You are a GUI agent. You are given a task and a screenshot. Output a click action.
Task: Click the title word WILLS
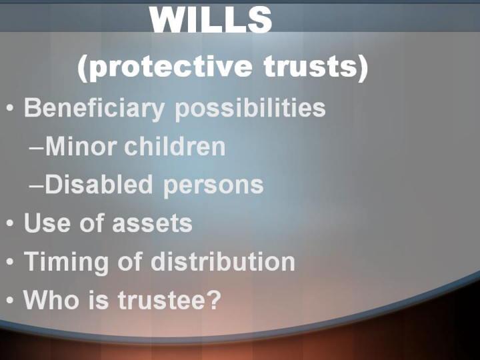click(x=211, y=19)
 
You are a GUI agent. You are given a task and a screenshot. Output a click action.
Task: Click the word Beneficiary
click(x=94, y=109)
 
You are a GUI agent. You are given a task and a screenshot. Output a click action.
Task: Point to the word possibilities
click(x=250, y=109)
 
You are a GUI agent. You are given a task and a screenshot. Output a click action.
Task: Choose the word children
click(x=175, y=146)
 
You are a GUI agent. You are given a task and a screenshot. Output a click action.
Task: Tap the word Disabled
click(x=99, y=184)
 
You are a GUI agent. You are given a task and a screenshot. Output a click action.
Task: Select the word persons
click(x=213, y=187)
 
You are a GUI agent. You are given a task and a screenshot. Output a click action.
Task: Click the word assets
click(x=152, y=223)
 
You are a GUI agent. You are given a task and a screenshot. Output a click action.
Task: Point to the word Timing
click(x=67, y=263)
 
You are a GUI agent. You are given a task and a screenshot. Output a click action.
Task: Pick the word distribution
click(x=223, y=261)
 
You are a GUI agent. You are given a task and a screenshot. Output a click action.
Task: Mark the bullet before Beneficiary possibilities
click(x=10, y=108)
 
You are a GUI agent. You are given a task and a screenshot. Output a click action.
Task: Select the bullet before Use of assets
click(x=10, y=223)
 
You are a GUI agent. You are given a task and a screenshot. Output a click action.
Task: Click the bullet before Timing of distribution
click(x=10, y=261)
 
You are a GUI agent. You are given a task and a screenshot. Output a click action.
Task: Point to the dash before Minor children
click(x=37, y=148)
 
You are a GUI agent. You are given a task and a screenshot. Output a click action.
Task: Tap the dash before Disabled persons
click(x=37, y=186)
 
